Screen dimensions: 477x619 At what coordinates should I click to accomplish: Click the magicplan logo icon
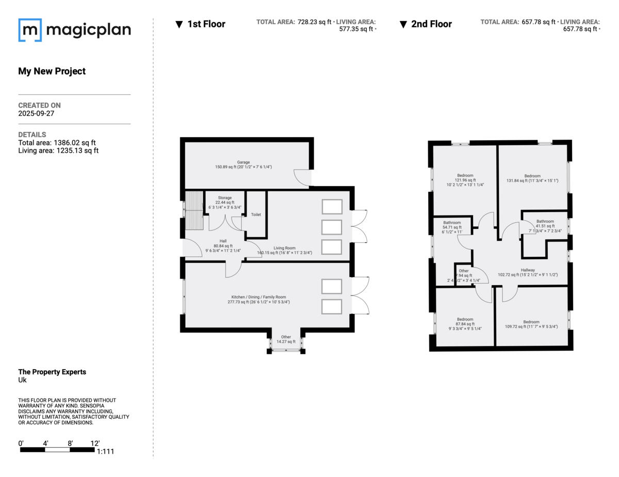30,30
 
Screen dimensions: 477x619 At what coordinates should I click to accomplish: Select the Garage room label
243,161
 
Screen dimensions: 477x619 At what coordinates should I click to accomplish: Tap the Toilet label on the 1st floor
256,215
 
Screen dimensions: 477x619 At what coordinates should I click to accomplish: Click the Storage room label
224,198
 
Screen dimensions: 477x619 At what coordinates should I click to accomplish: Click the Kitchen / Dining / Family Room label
258,297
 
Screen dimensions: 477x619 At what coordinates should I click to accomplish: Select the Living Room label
284,248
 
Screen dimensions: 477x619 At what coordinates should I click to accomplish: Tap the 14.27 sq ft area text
286,342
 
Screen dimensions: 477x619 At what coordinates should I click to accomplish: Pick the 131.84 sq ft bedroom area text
532,180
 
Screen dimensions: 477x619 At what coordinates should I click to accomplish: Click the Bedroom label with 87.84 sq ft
465,320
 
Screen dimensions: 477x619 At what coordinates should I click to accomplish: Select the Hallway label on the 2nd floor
528,270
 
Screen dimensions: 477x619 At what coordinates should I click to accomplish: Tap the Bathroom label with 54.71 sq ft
452,223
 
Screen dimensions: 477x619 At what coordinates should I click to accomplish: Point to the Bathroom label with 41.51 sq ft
545,221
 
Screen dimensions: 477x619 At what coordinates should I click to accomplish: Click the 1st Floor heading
206,24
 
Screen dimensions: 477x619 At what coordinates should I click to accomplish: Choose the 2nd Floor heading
431,24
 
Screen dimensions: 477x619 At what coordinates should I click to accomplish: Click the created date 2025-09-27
36,113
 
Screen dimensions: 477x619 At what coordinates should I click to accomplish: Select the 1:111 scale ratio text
105,452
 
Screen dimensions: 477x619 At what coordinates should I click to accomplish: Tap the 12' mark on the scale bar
94,443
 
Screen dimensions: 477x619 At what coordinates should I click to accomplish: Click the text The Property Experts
52,372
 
